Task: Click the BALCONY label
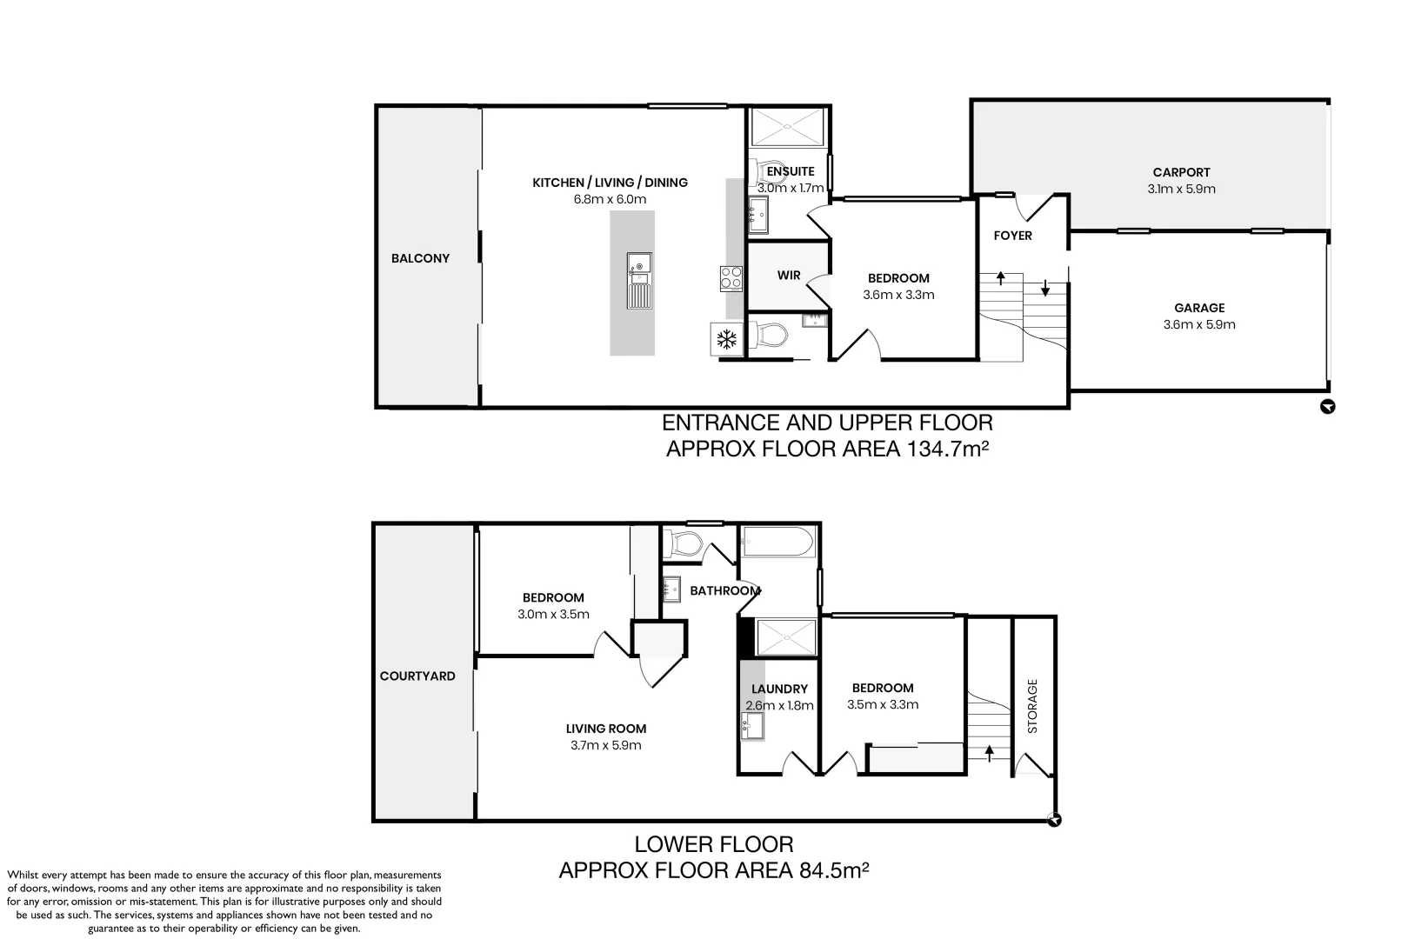pos(420,258)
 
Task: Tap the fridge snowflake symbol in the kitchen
pos(726,340)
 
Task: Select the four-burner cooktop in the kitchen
pos(731,277)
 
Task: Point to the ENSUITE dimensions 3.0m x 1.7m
pos(790,188)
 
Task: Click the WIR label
pos(789,276)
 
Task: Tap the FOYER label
pos(1012,236)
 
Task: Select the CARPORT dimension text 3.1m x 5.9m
pos(1181,189)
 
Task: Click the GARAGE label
pos(1199,308)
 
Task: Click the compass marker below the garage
pos(1327,406)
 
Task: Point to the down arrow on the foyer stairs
pos(1045,289)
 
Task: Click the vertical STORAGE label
pos(1033,706)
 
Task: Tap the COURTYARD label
pos(417,676)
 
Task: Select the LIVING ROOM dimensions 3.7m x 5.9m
pos(606,745)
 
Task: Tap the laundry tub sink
pos(752,725)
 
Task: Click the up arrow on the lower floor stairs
pos(989,751)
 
